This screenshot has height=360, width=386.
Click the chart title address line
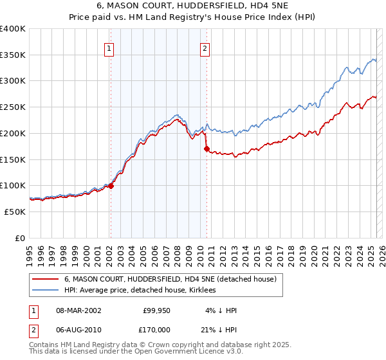[x=192, y=7]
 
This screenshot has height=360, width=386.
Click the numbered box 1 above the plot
[x=109, y=48]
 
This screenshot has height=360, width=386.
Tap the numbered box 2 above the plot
[x=205, y=48]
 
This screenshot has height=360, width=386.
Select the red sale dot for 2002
[x=111, y=186]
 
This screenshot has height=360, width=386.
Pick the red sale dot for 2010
[x=207, y=148]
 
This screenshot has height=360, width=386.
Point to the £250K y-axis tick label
[x=13, y=107]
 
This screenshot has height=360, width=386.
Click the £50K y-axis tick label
[x=15, y=212]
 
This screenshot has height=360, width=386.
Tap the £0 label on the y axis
[x=20, y=238]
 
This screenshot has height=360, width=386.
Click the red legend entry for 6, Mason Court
[x=170, y=279]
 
